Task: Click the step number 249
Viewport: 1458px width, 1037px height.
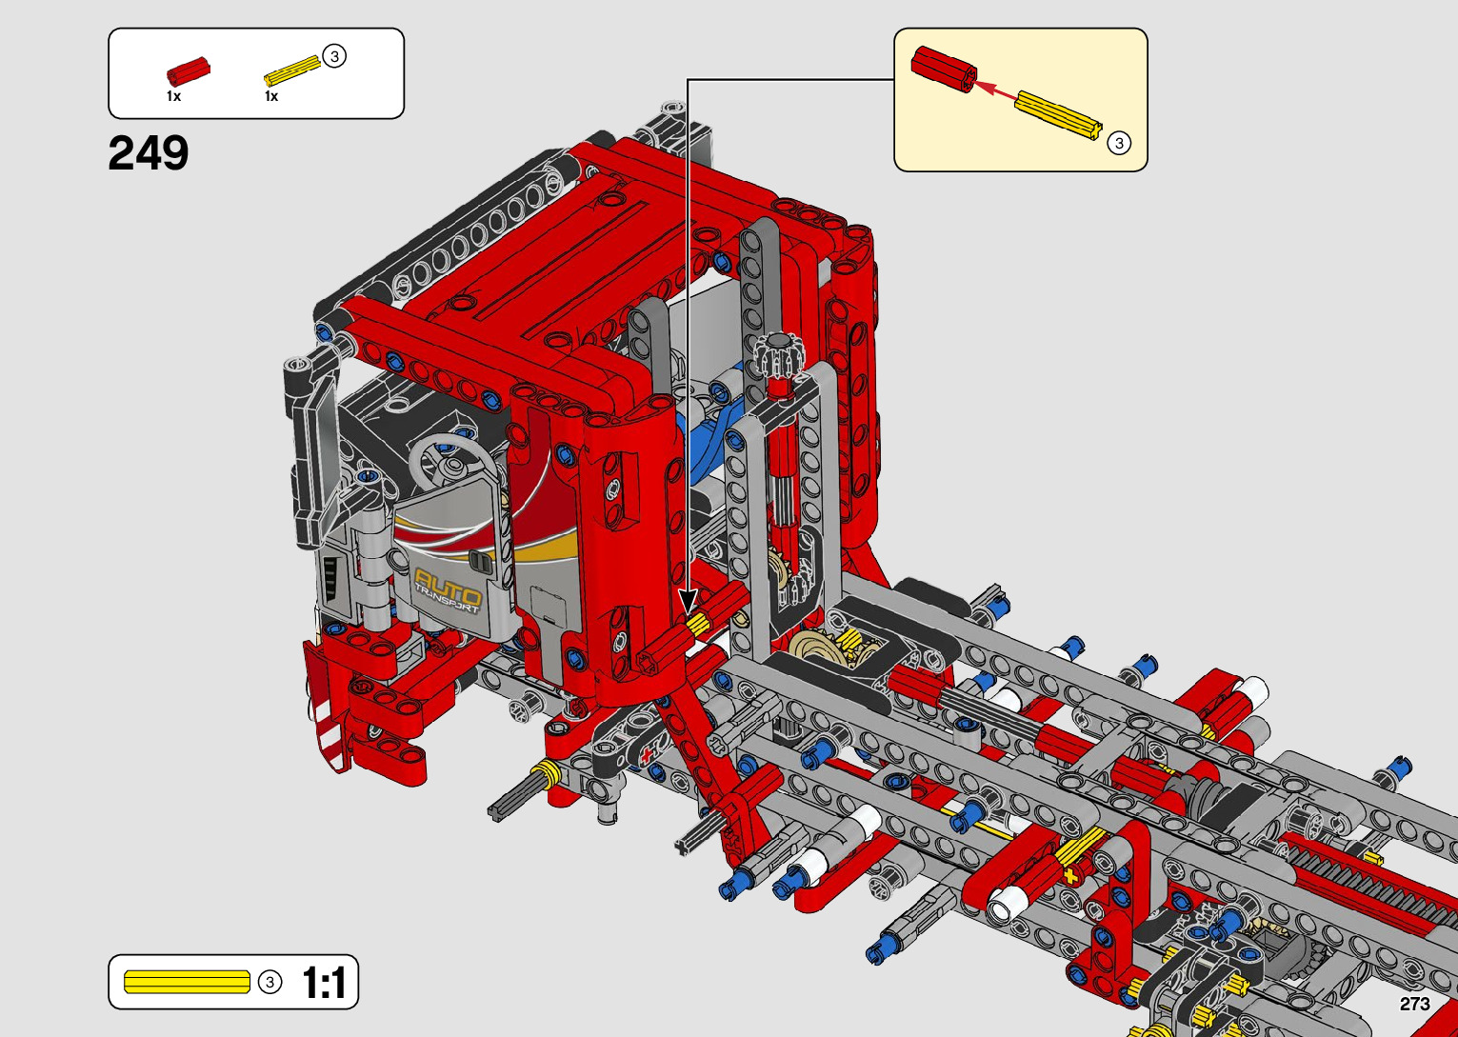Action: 149,153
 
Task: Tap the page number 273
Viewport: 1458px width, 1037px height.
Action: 1414,1005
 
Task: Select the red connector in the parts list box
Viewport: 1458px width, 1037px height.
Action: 189,71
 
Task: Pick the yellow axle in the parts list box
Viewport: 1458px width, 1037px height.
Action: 292,71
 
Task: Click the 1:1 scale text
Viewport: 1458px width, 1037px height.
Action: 324,983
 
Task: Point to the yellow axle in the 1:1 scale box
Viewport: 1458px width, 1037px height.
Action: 187,982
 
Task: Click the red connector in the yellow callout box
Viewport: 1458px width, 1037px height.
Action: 943,69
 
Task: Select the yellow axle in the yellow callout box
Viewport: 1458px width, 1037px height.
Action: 1059,114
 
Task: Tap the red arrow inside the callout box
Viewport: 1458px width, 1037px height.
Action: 994,91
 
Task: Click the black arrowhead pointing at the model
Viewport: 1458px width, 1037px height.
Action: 688,601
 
